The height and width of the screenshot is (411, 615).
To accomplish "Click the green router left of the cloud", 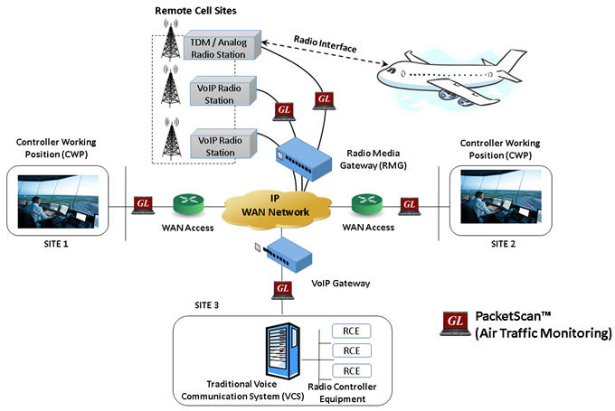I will point(187,203).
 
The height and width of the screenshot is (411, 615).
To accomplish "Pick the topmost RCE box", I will point(353,332).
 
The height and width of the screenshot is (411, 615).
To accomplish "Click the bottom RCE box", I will point(353,371).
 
